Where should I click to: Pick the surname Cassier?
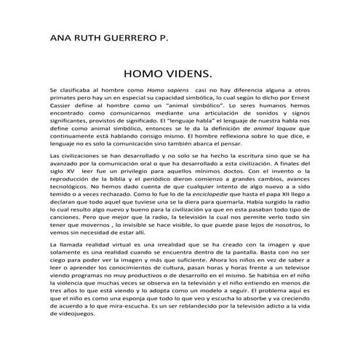[61, 105]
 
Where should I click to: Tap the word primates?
[63, 97]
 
